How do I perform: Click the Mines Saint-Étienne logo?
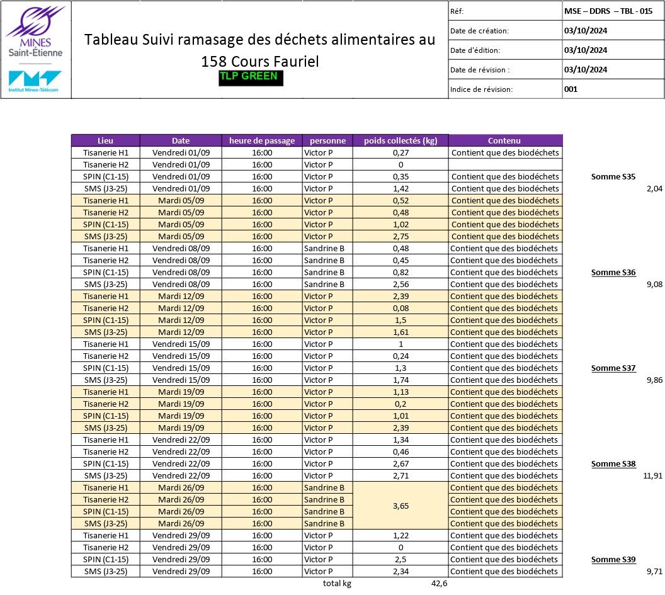pos(35,31)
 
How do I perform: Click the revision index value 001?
pos(571,89)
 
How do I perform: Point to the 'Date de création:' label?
pos(480,30)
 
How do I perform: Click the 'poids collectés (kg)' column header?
pos(401,140)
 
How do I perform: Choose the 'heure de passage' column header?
pos(262,140)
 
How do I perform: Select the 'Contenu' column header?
pos(505,140)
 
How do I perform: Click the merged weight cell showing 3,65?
pos(401,506)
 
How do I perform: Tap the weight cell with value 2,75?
pos(401,236)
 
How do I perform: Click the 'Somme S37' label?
pos(613,368)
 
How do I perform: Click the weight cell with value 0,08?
pos(401,308)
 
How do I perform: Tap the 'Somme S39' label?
pos(613,559)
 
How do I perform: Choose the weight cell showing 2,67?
pos(401,463)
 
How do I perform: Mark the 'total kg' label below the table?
pos(337,583)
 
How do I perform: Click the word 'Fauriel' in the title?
pos(295,62)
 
